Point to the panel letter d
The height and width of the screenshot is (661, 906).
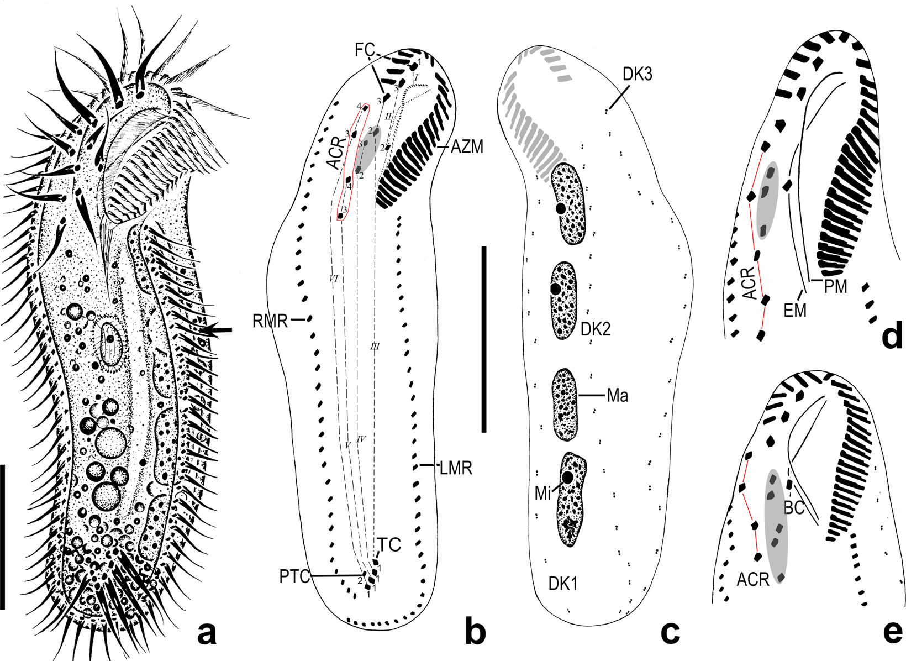892,336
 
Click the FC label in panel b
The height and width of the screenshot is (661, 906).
365,50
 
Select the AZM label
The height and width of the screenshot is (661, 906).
467,147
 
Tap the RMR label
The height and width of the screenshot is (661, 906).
270,321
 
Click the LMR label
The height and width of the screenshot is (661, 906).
456,469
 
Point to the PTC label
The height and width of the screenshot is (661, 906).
294,577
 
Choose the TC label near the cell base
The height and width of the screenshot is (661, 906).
390,545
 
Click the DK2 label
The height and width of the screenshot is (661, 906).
595,330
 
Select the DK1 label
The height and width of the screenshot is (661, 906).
562,583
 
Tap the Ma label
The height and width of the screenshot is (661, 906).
618,396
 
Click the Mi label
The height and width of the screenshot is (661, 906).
543,493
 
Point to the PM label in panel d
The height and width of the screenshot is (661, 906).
836,286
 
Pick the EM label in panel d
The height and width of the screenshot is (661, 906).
795,311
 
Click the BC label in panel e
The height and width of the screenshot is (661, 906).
794,507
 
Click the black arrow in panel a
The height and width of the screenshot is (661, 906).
217,330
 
